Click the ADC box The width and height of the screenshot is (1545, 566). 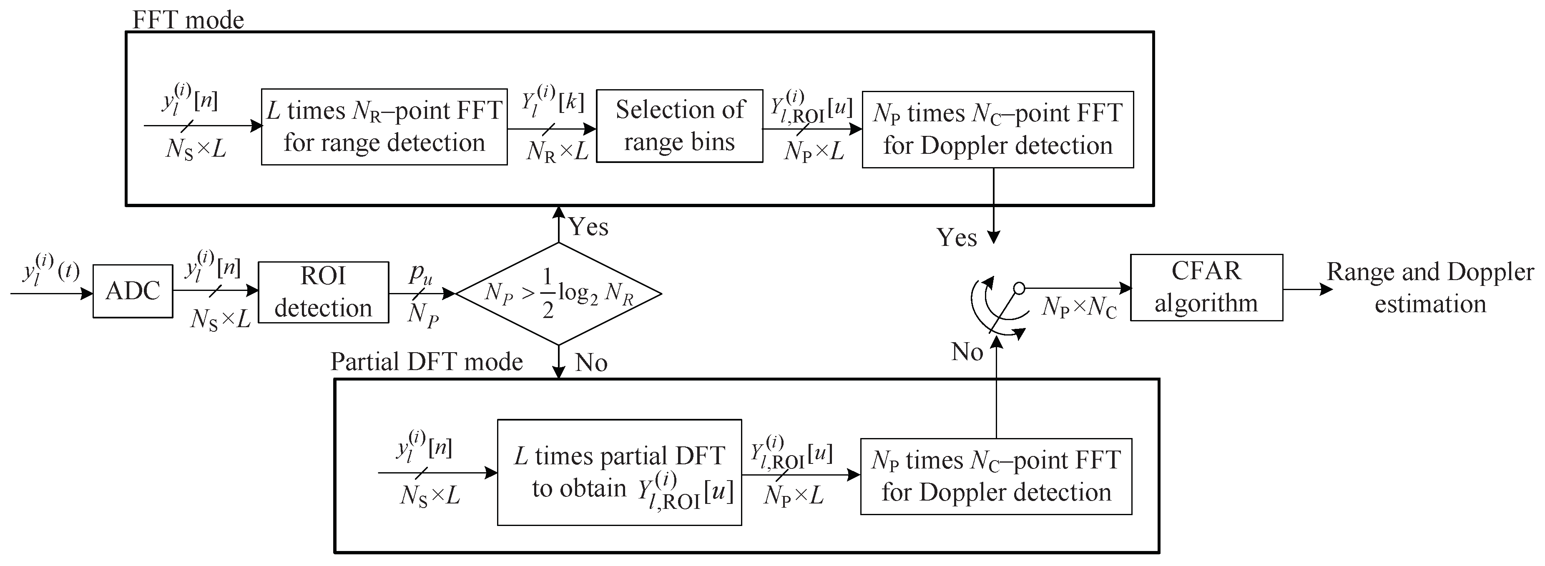point(133,291)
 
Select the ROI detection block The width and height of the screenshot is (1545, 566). point(323,293)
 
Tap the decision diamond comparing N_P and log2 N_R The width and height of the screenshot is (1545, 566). point(558,294)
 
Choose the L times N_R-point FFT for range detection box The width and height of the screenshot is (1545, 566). point(384,127)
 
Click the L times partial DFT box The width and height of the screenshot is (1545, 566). point(619,473)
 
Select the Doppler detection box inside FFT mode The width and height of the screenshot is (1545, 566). point(997,130)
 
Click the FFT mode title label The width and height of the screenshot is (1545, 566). point(188,20)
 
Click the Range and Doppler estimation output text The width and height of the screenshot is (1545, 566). point(1430,288)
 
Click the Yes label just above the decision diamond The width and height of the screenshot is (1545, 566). point(588,227)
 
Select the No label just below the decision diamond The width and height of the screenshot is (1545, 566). point(591,363)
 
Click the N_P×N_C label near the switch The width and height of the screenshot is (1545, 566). point(1079,308)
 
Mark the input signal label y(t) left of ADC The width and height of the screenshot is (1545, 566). point(50,270)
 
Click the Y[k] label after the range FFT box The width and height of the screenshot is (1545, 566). point(552,100)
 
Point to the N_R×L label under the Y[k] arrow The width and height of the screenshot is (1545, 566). point(557,152)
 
